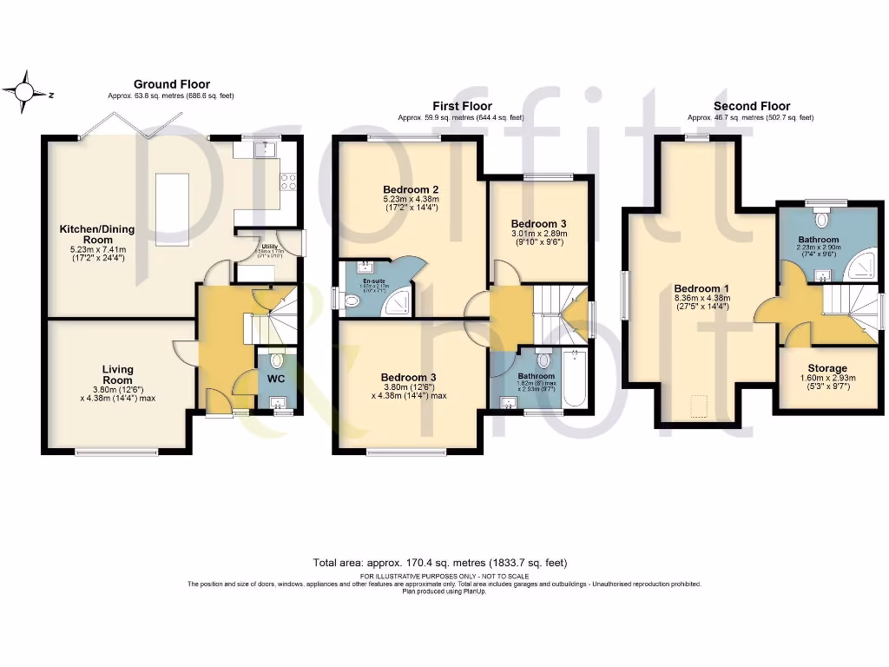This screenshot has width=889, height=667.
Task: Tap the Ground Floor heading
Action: click(x=171, y=84)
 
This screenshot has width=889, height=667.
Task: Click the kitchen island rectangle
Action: click(x=173, y=201)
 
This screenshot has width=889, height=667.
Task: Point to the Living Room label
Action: click(x=117, y=374)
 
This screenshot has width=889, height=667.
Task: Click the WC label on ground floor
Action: click(x=276, y=380)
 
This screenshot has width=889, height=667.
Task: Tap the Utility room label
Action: click(x=257, y=247)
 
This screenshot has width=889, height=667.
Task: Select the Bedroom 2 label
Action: click(x=410, y=189)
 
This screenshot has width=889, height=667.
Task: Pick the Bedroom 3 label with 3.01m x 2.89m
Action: click(x=538, y=223)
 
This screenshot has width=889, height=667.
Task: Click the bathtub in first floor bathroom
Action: click(x=576, y=378)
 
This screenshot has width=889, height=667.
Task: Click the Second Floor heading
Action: click(x=751, y=106)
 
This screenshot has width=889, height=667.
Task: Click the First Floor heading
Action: click(x=462, y=106)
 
